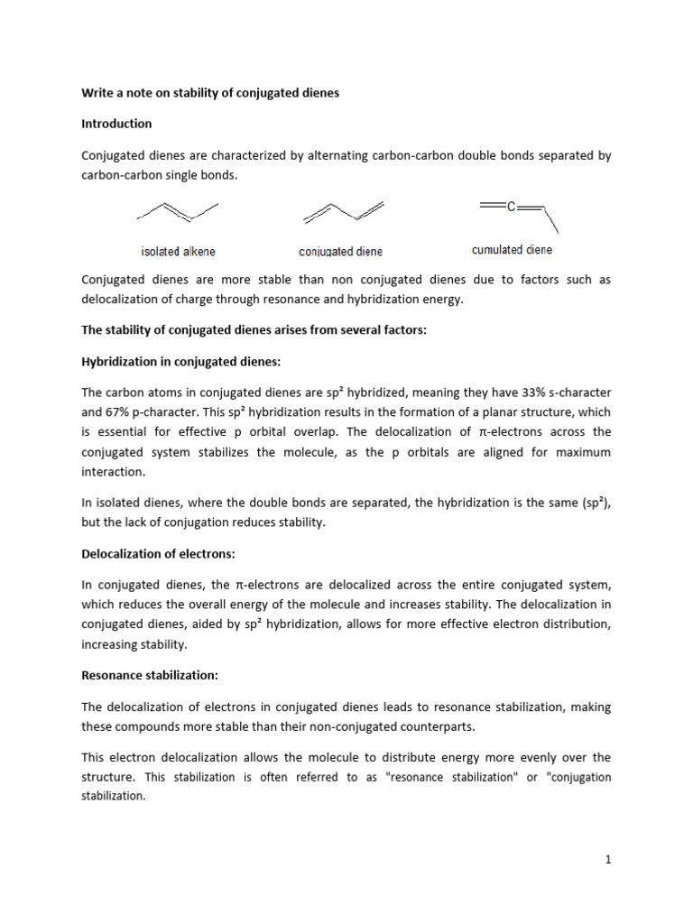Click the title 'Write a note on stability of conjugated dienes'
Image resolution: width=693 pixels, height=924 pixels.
pyautogui.click(x=209, y=93)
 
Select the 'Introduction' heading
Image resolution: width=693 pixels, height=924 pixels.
pyautogui.click(x=116, y=124)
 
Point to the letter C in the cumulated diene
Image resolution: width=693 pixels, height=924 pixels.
pyautogui.click(x=511, y=207)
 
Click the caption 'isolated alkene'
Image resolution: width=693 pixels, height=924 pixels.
pyautogui.click(x=178, y=252)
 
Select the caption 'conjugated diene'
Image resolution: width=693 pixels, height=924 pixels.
pyautogui.click(x=341, y=252)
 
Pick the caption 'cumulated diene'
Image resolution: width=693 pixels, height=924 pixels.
pyautogui.click(x=512, y=250)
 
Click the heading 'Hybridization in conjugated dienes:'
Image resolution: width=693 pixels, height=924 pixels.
pyautogui.click(x=181, y=362)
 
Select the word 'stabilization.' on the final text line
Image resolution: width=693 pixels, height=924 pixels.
pyautogui.click(x=113, y=797)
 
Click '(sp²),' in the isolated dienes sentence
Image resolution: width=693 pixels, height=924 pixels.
pyautogui.click(x=592, y=503)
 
